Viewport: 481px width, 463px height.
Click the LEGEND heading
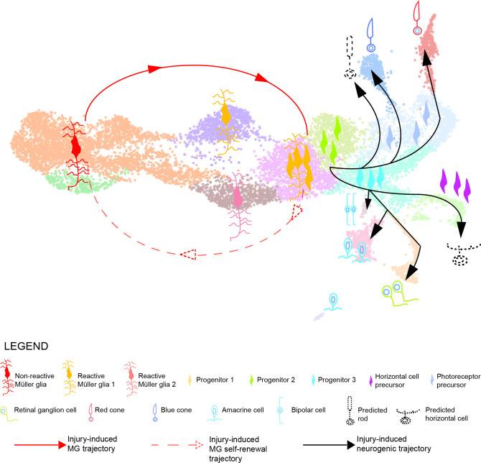[x=26, y=347]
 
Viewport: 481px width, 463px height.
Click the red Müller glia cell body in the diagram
[x=76, y=147]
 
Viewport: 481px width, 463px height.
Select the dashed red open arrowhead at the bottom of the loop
[x=188, y=255]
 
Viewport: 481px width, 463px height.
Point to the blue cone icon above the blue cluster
[x=371, y=35]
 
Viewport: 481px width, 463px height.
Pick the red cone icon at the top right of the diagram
[x=417, y=18]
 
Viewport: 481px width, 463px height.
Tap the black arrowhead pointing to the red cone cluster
[x=426, y=57]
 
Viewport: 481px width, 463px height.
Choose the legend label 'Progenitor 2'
[x=276, y=380]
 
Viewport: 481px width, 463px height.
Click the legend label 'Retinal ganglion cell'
[x=45, y=410]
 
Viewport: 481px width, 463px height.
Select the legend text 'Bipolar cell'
[x=308, y=410]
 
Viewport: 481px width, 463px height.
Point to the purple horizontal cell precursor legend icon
[x=370, y=380]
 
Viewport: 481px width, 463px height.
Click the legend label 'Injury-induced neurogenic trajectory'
[x=394, y=444]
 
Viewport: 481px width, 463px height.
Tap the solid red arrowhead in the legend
[x=62, y=444]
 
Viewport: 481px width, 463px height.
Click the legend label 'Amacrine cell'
[x=243, y=410]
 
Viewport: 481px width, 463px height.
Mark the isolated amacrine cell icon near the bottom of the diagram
[x=333, y=301]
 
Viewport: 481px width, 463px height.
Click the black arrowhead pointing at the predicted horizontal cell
[x=461, y=229]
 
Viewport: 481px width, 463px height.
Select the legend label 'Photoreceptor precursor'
[x=458, y=380]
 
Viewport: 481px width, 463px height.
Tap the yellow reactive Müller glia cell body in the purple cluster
[x=225, y=114]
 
